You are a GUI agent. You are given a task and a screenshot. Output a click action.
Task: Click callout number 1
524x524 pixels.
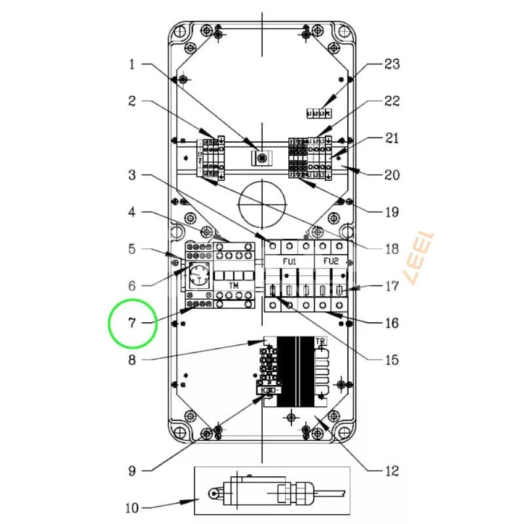132,64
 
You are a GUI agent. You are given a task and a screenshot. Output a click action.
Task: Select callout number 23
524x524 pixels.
392,64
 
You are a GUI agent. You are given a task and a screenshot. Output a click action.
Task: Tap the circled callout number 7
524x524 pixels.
132,323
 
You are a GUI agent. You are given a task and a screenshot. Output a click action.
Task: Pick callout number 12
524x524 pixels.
392,470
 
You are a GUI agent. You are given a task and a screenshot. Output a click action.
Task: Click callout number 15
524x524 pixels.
392,360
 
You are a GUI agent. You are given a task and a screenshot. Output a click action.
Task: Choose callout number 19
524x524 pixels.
392,212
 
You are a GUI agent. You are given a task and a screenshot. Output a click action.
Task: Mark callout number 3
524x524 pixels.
132,175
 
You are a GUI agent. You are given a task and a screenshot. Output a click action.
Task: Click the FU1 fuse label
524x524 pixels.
290,261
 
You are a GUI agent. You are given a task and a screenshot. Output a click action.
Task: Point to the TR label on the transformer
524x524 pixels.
320,342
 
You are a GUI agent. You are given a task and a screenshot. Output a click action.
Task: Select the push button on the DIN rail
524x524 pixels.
261,159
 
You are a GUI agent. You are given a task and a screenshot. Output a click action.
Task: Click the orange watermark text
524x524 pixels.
421,257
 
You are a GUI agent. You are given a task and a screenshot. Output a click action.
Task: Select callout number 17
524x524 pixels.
392,286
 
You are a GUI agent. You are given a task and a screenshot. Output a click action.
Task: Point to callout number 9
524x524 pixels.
132,470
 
